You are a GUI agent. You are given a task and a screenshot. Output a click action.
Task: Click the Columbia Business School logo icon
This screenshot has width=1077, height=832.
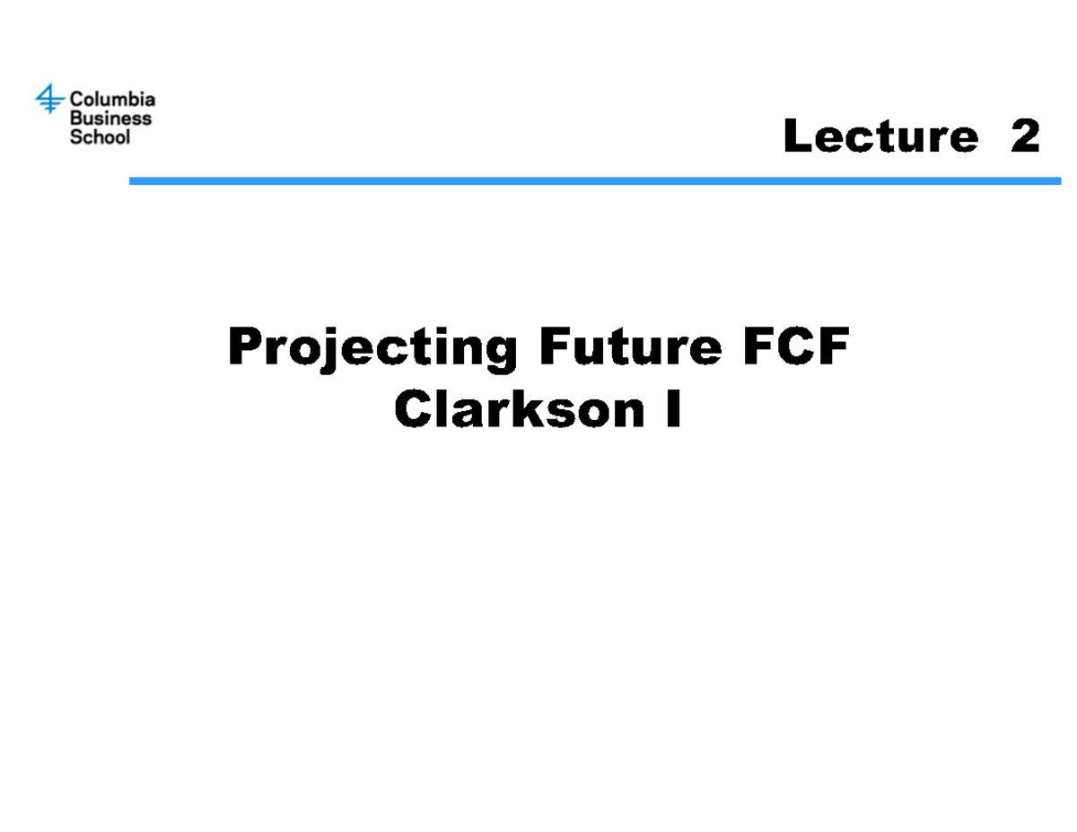(49, 99)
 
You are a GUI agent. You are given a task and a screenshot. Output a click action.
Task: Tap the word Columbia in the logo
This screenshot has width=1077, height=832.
(112, 99)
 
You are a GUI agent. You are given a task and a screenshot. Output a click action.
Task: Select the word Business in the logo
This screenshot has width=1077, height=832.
(110, 118)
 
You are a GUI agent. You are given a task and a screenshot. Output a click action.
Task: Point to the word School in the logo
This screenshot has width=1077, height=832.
(100, 137)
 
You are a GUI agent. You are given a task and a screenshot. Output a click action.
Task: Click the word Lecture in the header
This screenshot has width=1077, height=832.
(880, 137)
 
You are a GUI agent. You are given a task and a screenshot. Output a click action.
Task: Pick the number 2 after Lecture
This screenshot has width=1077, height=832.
(1024, 137)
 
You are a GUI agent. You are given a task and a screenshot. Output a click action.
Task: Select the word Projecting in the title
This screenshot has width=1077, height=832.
(372, 348)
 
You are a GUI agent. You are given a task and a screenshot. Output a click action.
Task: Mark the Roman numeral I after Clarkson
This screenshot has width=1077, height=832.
(672, 411)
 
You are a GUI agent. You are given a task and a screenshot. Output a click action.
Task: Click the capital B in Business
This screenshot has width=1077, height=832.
(76, 118)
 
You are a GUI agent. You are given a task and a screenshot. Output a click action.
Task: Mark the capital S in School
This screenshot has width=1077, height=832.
(76, 137)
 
